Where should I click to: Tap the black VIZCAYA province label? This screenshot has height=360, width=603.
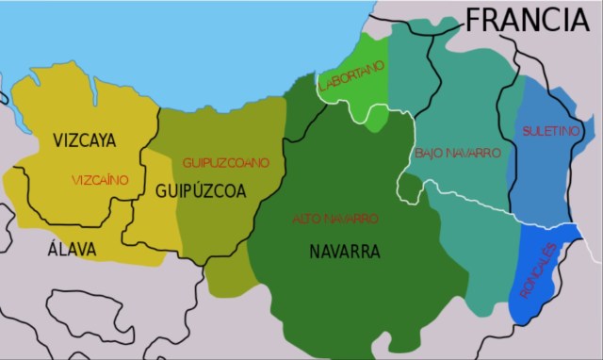coord(85,141)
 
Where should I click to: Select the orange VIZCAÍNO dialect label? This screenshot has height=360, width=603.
coord(99,179)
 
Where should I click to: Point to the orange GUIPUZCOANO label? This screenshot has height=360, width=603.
coord(226,162)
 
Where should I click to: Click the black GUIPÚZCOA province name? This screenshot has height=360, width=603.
coord(201,190)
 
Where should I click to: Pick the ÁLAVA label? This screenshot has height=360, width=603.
coord(72,249)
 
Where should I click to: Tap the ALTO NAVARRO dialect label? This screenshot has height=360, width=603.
coord(335,219)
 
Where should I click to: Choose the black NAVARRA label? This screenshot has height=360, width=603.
coord(344,252)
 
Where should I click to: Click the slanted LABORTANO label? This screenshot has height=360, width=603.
coord(351,76)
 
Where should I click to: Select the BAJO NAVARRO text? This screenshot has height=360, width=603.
coord(458,152)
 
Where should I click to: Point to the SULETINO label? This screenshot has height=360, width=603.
coord(551,130)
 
